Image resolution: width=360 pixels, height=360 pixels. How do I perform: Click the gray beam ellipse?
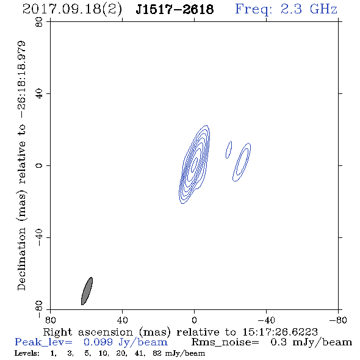click(87, 291)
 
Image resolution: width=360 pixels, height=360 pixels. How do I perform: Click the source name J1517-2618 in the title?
click(175, 9)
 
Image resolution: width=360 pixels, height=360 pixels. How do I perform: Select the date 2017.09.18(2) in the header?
click(72, 10)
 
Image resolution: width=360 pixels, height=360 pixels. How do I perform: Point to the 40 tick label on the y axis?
click(39, 94)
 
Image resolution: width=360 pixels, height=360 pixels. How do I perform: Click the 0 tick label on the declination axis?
click(39, 165)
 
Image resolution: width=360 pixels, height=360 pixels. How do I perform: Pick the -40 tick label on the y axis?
click(39, 237)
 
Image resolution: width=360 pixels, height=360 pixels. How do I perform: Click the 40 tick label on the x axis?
click(122, 320)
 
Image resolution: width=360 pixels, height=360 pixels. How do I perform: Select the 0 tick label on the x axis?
click(194, 320)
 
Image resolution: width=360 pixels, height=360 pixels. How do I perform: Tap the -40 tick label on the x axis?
click(266, 320)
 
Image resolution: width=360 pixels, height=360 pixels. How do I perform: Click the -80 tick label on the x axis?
click(338, 320)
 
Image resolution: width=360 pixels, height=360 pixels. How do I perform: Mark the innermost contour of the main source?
click(194, 164)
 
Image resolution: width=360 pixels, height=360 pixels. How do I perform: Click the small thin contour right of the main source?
click(229, 149)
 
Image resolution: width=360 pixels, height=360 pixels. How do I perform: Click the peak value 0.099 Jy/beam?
click(126, 342)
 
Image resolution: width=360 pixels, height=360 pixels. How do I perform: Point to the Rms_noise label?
click(225, 342)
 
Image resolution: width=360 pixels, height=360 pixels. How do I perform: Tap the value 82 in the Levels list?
click(157, 353)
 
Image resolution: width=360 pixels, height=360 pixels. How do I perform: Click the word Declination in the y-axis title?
click(21, 259)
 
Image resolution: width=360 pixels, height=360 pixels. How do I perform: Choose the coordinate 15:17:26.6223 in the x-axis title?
click(280, 332)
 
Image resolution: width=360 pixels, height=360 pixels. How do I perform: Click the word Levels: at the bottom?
click(27, 353)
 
